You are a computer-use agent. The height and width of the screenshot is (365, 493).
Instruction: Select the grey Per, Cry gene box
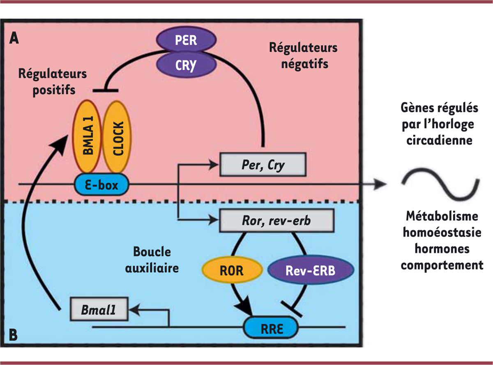tap(263, 165)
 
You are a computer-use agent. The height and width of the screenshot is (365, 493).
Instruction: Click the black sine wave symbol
tap(440, 185)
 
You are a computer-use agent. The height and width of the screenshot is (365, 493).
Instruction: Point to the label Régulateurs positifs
tap(53, 82)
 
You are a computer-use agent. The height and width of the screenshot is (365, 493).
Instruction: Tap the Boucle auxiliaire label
tap(152, 260)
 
